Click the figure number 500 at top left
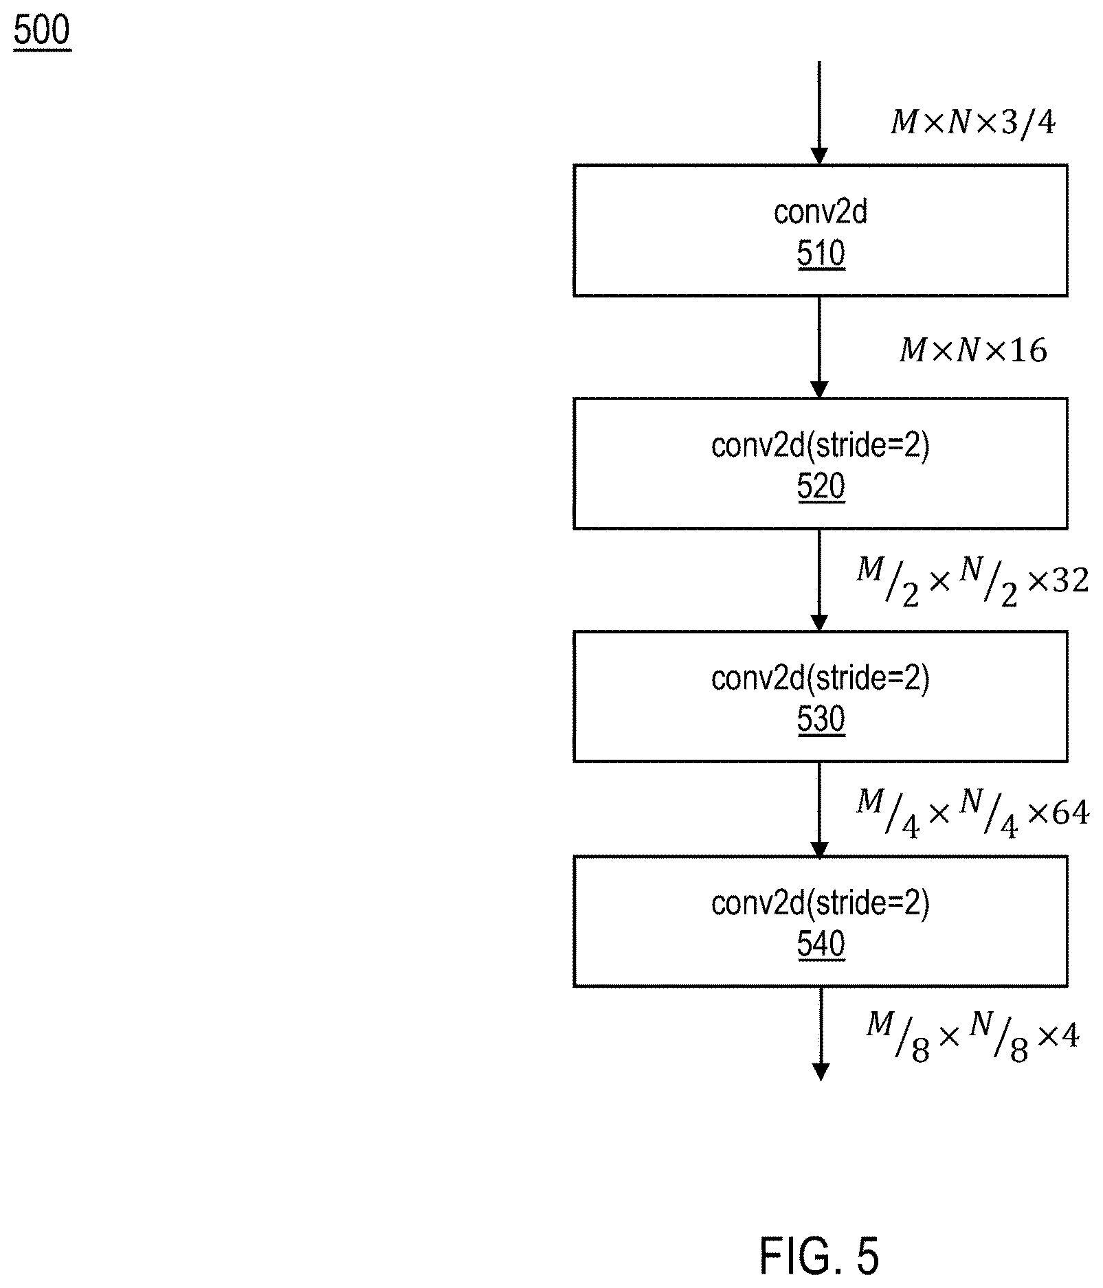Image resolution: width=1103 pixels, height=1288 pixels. pyautogui.click(x=41, y=32)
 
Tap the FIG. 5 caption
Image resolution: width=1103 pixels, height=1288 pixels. pyautogui.click(x=819, y=1255)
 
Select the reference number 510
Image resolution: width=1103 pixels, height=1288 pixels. pyautogui.click(x=821, y=253)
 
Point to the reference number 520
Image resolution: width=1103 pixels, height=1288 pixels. pyautogui.click(x=821, y=487)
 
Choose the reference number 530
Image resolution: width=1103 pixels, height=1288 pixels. pyautogui.click(x=821, y=719)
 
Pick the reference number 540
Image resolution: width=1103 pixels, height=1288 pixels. pyautogui.click(x=821, y=945)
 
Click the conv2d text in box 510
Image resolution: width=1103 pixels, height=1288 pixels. pyautogui.click(x=821, y=212)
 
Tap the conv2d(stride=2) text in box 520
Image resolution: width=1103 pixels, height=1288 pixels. pyautogui.click(x=821, y=447)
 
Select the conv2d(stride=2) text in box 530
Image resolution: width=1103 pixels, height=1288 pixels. pyautogui.click(x=821, y=679)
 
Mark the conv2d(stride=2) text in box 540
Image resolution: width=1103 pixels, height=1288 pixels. pyautogui.click(x=821, y=903)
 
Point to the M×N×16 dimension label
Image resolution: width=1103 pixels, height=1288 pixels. pyautogui.click(x=973, y=351)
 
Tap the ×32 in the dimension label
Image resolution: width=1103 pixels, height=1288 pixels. pyautogui.click(x=1058, y=581)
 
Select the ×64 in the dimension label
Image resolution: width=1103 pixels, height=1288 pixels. pyautogui.click(x=1058, y=813)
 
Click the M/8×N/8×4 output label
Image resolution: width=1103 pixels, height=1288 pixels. pyautogui.click(x=972, y=1039)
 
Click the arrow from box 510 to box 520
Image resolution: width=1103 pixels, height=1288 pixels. pyautogui.click(x=819, y=347)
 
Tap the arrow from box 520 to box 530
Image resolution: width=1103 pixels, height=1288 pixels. pyautogui.click(x=819, y=580)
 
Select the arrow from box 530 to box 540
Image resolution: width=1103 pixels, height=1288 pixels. pyautogui.click(x=819, y=809)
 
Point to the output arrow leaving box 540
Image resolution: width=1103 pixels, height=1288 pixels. pyautogui.click(x=820, y=1034)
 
